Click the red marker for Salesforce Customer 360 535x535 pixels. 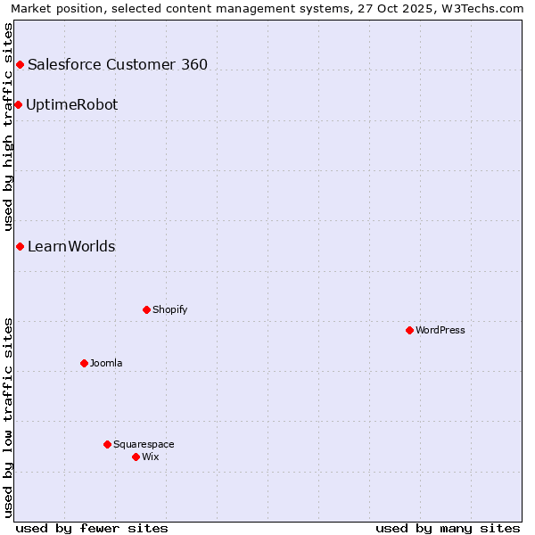tap(20, 64)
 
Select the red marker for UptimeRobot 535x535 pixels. tap(18, 104)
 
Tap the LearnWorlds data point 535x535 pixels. tap(20, 246)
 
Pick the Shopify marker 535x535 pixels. tap(146, 309)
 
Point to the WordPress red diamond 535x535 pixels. tap(409, 330)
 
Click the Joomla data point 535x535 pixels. tap(84, 363)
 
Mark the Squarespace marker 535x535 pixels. tap(107, 444)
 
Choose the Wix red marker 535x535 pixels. tap(136, 457)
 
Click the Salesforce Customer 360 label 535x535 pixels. tap(118, 64)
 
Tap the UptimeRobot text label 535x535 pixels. tap(71, 104)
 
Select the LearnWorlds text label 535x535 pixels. tap(71, 246)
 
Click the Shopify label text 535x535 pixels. tap(169, 309)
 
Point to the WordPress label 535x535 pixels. tap(440, 330)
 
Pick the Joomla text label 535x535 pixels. tap(106, 363)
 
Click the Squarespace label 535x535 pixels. tap(144, 444)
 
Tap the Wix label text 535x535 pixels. tap(150, 457)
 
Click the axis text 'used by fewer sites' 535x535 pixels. tap(92, 528)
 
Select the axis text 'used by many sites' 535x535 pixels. tap(448, 528)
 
